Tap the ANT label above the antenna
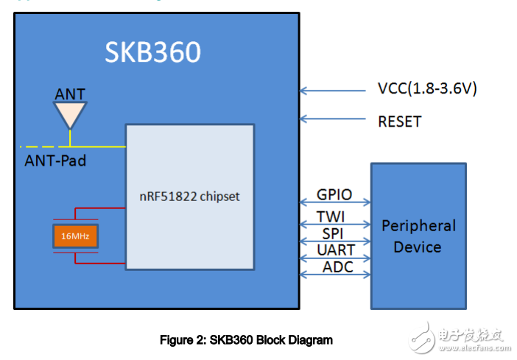coord(70,94)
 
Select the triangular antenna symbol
coord(70,113)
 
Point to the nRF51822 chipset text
coord(189,197)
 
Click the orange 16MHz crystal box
coord(76,236)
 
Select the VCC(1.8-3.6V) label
coord(427,89)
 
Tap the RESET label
coord(399,121)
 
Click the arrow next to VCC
coord(332,91)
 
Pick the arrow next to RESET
coord(332,119)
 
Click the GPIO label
coord(334,195)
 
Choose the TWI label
coord(334,216)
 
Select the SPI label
coord(334,233)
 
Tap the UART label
coord(334,250)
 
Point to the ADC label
coord(334,267)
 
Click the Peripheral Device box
coord(418,236)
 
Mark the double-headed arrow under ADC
coord(334,275)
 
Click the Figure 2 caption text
coord(246,340)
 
